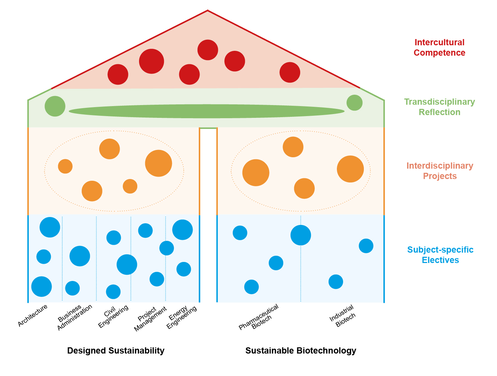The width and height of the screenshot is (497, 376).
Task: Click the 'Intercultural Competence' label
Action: (x=439, y=47)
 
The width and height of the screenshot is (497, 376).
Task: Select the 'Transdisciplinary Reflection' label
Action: (x=439, y=107)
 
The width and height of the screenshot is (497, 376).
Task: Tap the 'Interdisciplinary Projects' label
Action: (x=440, y=171)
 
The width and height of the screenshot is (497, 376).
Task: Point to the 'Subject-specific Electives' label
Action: (x=440, y=255)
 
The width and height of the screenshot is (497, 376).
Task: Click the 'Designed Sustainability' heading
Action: (x=116, y=350)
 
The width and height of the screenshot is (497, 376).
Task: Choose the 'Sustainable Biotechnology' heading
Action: (x=301, y=350)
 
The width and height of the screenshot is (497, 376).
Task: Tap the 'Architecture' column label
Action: (x=33, y=315)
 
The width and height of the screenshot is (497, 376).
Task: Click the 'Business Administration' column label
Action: (x=74, y=317)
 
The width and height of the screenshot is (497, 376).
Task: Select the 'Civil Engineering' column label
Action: (x=113, y=316)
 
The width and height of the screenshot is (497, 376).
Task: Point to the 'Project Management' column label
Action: (x=150, y=318)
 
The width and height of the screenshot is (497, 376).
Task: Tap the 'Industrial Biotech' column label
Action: (x=343, y=316)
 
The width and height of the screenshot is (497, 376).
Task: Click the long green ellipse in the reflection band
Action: (x=206, y=111)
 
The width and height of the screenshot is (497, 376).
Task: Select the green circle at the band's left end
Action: (x=55, y=106)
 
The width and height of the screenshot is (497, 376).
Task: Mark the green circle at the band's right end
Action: (x=355, y=103)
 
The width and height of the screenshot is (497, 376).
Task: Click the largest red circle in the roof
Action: (x=151, y=61)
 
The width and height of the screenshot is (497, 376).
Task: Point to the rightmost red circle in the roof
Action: (x=290, y=72)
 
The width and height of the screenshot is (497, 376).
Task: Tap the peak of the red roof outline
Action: (x=208, y=11)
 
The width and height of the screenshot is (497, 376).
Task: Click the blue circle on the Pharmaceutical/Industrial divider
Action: (x=301, y=235)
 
